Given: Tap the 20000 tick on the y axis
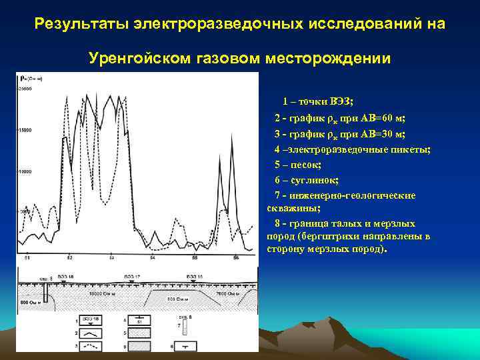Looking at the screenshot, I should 25,89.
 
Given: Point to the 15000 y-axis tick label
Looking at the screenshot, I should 25,130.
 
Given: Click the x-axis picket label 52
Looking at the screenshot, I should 69,257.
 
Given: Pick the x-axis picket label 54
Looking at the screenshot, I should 153,257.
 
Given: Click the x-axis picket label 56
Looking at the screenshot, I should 236,257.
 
